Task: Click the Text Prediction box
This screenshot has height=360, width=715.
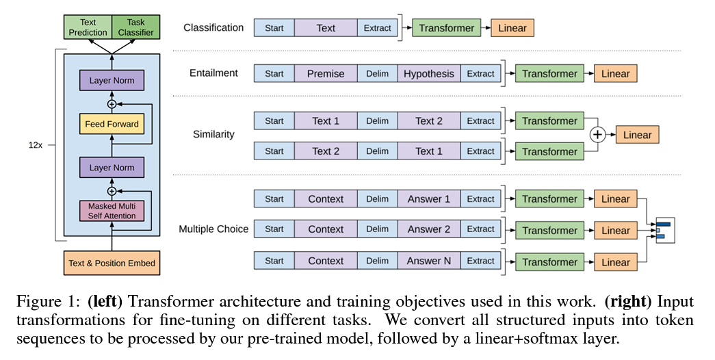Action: click(88, 27)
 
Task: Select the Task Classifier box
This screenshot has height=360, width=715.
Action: click(135, 27)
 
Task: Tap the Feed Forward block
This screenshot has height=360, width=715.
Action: click(112, 124)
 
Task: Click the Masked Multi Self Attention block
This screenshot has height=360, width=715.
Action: click(112, 210)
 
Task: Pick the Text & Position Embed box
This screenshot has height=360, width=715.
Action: click(112, 263)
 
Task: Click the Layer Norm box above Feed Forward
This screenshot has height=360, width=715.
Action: click(112, 81)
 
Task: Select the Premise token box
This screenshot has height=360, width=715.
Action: click(326, 74)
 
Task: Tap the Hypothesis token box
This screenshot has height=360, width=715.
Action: click(428, 74)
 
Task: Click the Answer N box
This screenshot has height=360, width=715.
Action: click(428, 261)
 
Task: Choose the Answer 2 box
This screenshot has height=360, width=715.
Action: click(428, 229)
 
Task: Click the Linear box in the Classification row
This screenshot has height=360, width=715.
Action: click(512, 28)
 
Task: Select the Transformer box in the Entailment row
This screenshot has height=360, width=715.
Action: click(549, 74)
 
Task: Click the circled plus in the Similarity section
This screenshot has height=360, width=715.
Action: click(598, 135)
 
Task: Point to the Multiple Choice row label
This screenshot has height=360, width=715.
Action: click(213, 229)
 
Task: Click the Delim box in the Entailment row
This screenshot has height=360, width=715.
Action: click(377, 74)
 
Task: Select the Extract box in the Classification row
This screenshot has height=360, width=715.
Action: click(378, 28)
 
